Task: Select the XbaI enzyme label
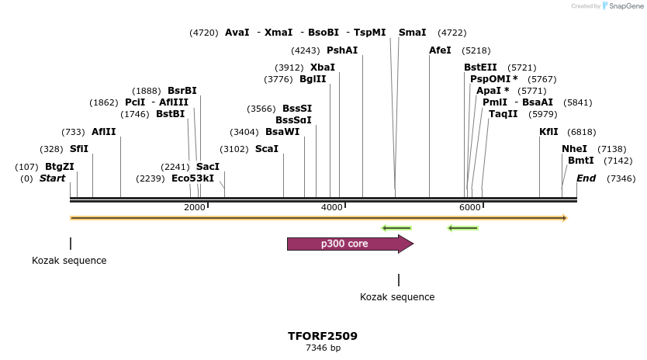coord(322,67)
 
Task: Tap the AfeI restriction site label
coord(440,50)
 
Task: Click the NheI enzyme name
coord(574,149)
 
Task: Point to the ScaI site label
coord(266,149)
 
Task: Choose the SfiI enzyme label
coord(79,149)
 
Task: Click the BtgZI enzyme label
coord(60,167)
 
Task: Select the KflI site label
coord(548,132)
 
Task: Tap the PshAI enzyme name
coord(342,50)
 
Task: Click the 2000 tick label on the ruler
coord(194,207)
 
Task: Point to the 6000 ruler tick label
coord(469,207)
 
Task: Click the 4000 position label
coord(331,207)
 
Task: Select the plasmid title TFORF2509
coord(323,336)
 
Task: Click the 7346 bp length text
coord(323,348)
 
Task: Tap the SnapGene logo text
coord(628,6)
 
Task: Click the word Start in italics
coord(53,178)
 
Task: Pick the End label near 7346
coord(586,178)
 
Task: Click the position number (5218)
coord(475,50)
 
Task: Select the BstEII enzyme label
coord(480,67)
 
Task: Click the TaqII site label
coord(503,114)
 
